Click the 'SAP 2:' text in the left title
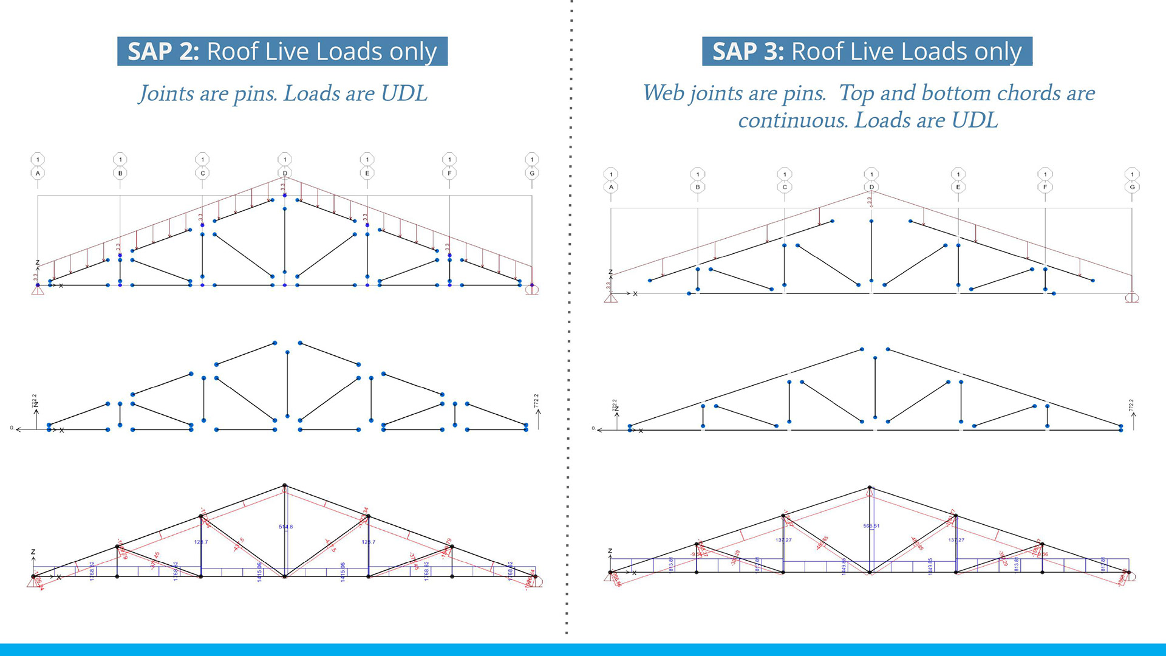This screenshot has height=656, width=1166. coord(163,52)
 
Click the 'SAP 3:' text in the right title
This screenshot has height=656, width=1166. coord(748,52)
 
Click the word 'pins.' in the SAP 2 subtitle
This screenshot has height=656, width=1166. coord(255,94)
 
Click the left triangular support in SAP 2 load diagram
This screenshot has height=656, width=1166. coord(38,290)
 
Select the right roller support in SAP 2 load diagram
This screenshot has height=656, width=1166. coord(532,290)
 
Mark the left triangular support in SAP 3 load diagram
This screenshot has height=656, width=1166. coord(611,298)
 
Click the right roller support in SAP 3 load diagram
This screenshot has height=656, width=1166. coord(1132,298)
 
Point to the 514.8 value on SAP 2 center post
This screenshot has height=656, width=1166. coord(285,527)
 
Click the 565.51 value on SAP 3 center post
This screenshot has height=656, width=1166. coord(871,526)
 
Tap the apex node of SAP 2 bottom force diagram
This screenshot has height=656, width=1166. coord(285,486)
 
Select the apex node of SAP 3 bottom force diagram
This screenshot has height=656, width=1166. coord(870,487)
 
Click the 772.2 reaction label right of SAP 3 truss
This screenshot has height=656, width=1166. coord(1131,405)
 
